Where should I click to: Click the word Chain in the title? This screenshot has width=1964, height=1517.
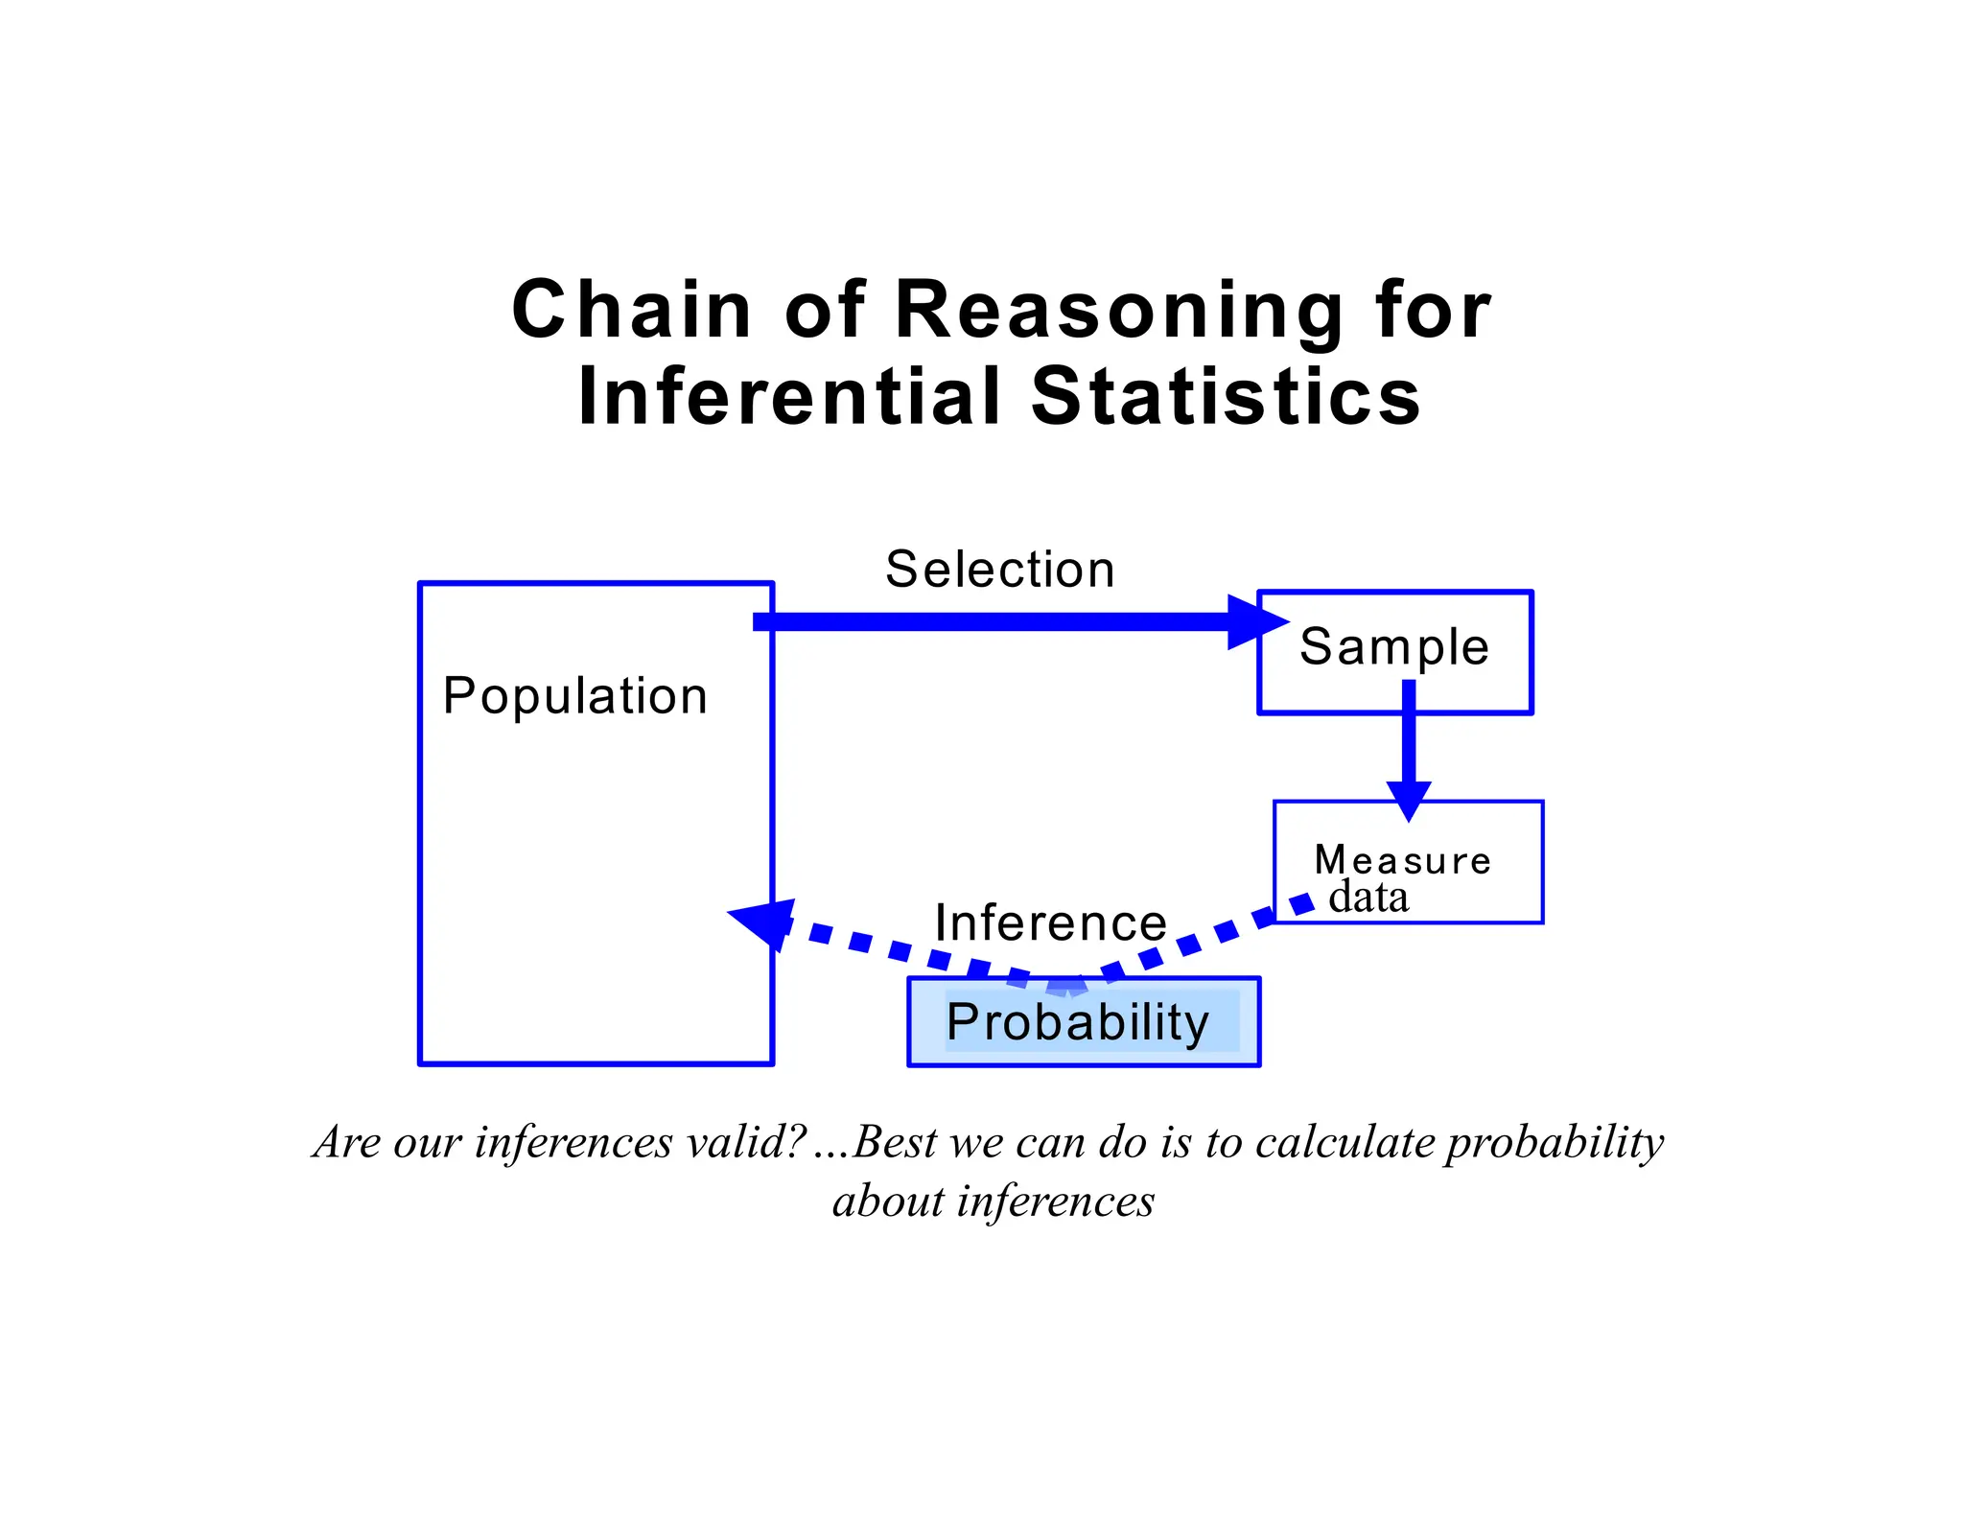631,310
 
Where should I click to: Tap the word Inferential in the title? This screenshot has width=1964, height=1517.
789,397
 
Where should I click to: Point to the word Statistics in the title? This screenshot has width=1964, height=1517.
1226,397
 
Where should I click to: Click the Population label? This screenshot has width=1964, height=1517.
575,696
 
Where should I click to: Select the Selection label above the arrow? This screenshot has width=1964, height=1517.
1000,570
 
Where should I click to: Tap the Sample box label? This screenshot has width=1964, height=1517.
1394,646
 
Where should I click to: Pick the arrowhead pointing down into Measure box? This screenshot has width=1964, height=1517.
1409,799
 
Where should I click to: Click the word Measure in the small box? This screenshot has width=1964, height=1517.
1403,860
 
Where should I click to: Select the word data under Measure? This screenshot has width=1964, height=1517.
1368,898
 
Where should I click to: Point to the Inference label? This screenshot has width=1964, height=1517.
1051,922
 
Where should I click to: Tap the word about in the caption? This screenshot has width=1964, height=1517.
887,1202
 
